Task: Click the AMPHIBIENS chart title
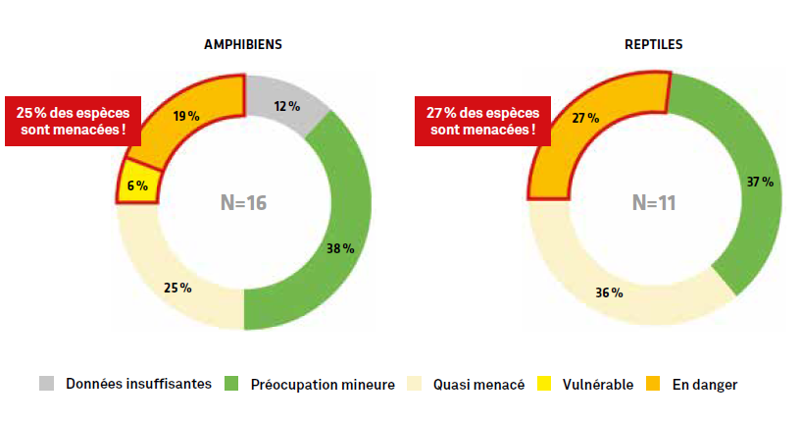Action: click(243, 45)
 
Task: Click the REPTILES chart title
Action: click(654, 45)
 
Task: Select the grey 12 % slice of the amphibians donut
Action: click(286, 102)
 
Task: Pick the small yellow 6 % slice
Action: click(138, 185)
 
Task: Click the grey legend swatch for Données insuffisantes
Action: click(47, 384)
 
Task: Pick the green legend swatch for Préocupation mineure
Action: click(232, 384)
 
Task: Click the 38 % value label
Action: click(339, 248)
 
